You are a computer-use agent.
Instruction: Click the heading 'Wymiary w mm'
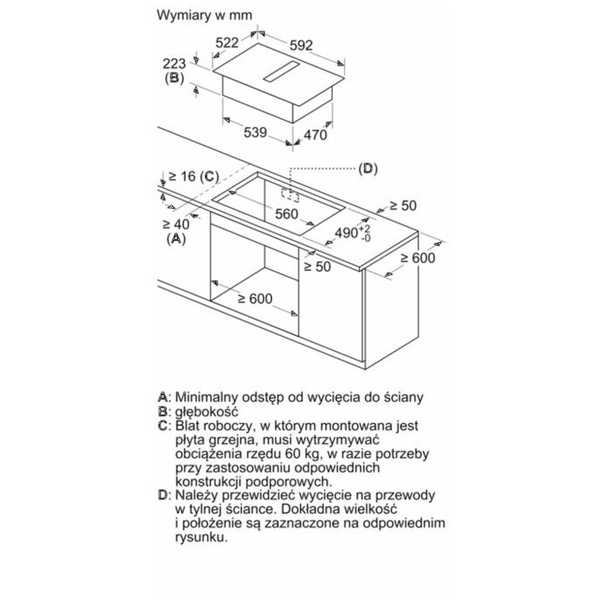pos(204,16)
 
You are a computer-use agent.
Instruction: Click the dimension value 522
pos(227,43)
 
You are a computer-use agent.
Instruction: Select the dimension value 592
pos(301,45)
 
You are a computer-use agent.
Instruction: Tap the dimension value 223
pos(174,64)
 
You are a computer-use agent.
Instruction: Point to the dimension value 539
pos(256,132)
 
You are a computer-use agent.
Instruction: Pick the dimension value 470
pos(315,135)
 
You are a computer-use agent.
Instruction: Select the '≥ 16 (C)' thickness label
pos(193,177)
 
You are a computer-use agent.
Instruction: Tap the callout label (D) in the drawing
pos(368,169)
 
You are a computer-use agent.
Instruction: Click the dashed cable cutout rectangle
pos(290,195)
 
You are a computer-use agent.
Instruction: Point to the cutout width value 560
pos(286,214)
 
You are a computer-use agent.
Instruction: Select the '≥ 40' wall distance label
pos(176,224)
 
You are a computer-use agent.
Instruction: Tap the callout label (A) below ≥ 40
pos(176,239)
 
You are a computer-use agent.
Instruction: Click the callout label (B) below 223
pos(174,79)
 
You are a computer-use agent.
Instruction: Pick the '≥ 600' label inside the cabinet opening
pos(255,298)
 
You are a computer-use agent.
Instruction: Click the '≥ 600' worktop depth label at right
pos(418,258)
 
